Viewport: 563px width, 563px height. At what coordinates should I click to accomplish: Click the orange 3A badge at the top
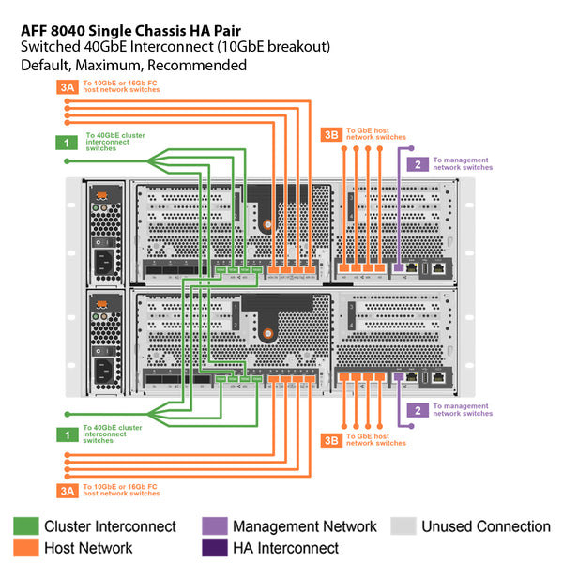pos(68,89)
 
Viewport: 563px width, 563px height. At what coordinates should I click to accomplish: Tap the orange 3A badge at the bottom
pos(68,489)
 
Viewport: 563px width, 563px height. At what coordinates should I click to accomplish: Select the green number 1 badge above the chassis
pos(68,143)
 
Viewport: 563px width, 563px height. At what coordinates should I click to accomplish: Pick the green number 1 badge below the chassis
pos(68,434)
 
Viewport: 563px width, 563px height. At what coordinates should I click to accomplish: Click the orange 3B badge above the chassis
pos(331,134)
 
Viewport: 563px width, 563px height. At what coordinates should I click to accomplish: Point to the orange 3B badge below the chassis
pos(331,439)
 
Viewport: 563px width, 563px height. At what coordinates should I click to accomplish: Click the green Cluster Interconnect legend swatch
pos(26,526)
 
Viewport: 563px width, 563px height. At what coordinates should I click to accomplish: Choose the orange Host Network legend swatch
pos(26,548)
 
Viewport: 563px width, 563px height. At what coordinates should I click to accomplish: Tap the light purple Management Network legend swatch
pos(215,526)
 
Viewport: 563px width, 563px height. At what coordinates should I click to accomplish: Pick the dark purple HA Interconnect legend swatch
pos(215,548)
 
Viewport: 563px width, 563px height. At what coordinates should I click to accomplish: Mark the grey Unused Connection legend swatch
pos(403,526)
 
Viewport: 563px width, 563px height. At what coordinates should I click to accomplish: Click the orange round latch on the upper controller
pos(268,225)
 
